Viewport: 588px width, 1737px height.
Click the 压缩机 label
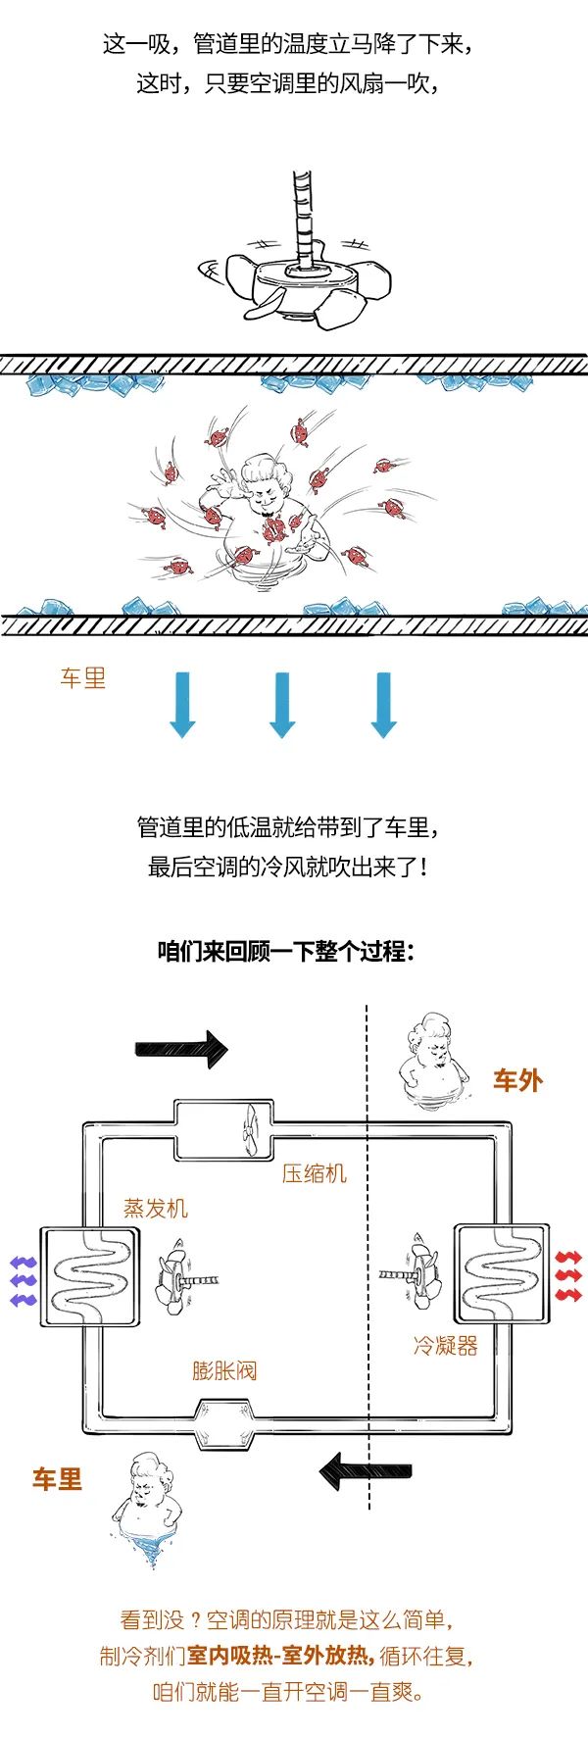(x=315, y=1172)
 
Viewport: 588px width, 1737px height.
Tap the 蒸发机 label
(x=156, y=1208)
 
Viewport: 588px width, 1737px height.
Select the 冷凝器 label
(x=446, y=1345)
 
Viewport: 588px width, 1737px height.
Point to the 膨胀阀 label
(x=224, y=1369)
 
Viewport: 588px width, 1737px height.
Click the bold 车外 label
(x=517, y=1080)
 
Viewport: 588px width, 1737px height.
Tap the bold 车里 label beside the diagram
(x=57, y=1479)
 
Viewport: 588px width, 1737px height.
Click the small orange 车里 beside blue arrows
(x=82, y=677)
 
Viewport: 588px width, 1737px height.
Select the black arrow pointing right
(x=181, y=1049)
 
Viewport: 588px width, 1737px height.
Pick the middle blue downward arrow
(x=282, y=705)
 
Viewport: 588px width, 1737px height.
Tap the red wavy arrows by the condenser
(x=568, y=1276)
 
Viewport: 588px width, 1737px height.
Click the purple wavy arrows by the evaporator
(x=23, y=1280)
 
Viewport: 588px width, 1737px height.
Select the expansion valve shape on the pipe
(x=224, y=1424)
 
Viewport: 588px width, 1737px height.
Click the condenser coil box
(x=501, y=1272)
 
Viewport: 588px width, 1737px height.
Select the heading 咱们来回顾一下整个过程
(x=286, y=951)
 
